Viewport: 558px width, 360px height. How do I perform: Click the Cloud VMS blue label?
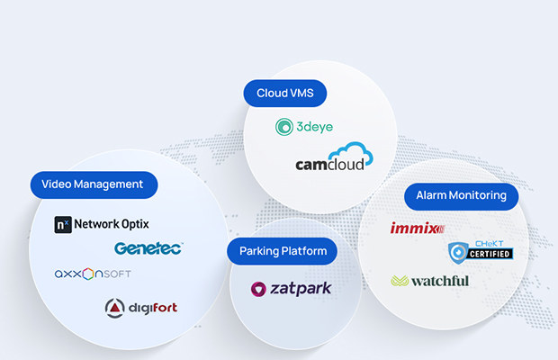coord(284,93)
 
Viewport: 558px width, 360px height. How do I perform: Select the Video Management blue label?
coord(93,184)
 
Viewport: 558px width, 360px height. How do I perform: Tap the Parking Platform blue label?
coord(282,251)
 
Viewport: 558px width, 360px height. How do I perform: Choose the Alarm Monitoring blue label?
coord(461,195)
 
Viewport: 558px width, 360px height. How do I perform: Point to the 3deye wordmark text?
coord(314,127)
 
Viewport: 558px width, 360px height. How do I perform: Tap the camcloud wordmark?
coord(326,166)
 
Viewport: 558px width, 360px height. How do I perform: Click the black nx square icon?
coord(62,224)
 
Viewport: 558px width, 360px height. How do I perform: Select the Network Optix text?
coord(112,224)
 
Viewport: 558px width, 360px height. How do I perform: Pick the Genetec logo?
coord(148,248)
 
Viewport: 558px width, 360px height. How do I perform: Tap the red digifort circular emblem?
coord(116,308)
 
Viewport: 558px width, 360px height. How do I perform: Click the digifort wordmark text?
coord(153,308)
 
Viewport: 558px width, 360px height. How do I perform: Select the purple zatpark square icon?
coord(260,289)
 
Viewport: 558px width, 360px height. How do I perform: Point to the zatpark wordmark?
coord(301,289)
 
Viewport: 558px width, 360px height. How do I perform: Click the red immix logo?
coord(417,229)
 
